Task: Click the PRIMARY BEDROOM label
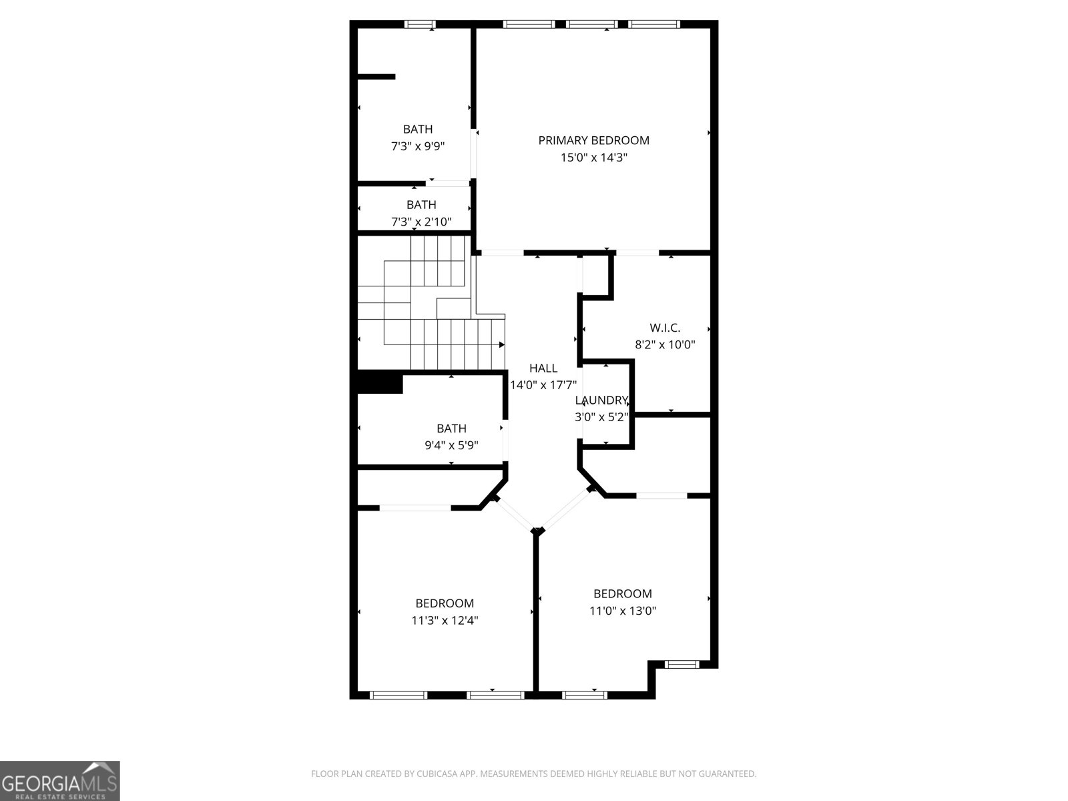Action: click(x=593, y=140)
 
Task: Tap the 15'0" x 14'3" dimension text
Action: click(x=593, y=158)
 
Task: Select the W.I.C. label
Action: click(x=665, y=328)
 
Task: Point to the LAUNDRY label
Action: click(x=601, y=400)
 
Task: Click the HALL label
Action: click(x=543, y=368)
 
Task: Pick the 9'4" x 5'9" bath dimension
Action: click(x=451, y=445)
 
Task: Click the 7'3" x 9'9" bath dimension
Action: click(x=418, y=146)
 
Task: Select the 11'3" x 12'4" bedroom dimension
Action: click(x=445, y=620)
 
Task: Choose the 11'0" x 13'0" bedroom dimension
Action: click(x=622, y=610)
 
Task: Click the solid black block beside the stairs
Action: click(x=380, y=383)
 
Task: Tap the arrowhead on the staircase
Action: click(x=501, y=344)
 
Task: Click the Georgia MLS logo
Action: click(x=60, y=780)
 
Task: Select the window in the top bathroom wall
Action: click(x=420, y=25)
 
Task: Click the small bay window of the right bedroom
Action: click(x=681, y=664)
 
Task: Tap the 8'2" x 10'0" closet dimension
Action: click(x=665, y=345)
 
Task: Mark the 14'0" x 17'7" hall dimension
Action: click(x=543, y=385)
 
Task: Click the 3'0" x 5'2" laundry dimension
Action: click(x=601, y=417)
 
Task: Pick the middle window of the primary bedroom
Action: click(x=592, y=25)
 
